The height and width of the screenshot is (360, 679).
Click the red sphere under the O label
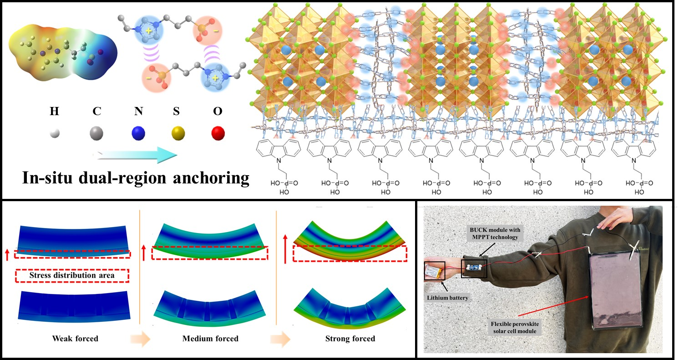pos(218,133)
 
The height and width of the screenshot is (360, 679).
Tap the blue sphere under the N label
pos(137,134)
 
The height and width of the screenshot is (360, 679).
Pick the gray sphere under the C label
pos(96,134)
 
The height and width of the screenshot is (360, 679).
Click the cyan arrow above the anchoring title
pos(137,155)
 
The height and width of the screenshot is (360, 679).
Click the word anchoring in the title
pos(207,177)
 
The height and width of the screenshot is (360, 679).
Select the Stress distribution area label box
pos(72,275)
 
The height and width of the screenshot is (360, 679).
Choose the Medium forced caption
pos(210,339)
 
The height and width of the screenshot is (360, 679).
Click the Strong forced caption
pos(350,339)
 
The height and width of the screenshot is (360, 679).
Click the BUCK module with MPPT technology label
pos(495,233)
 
